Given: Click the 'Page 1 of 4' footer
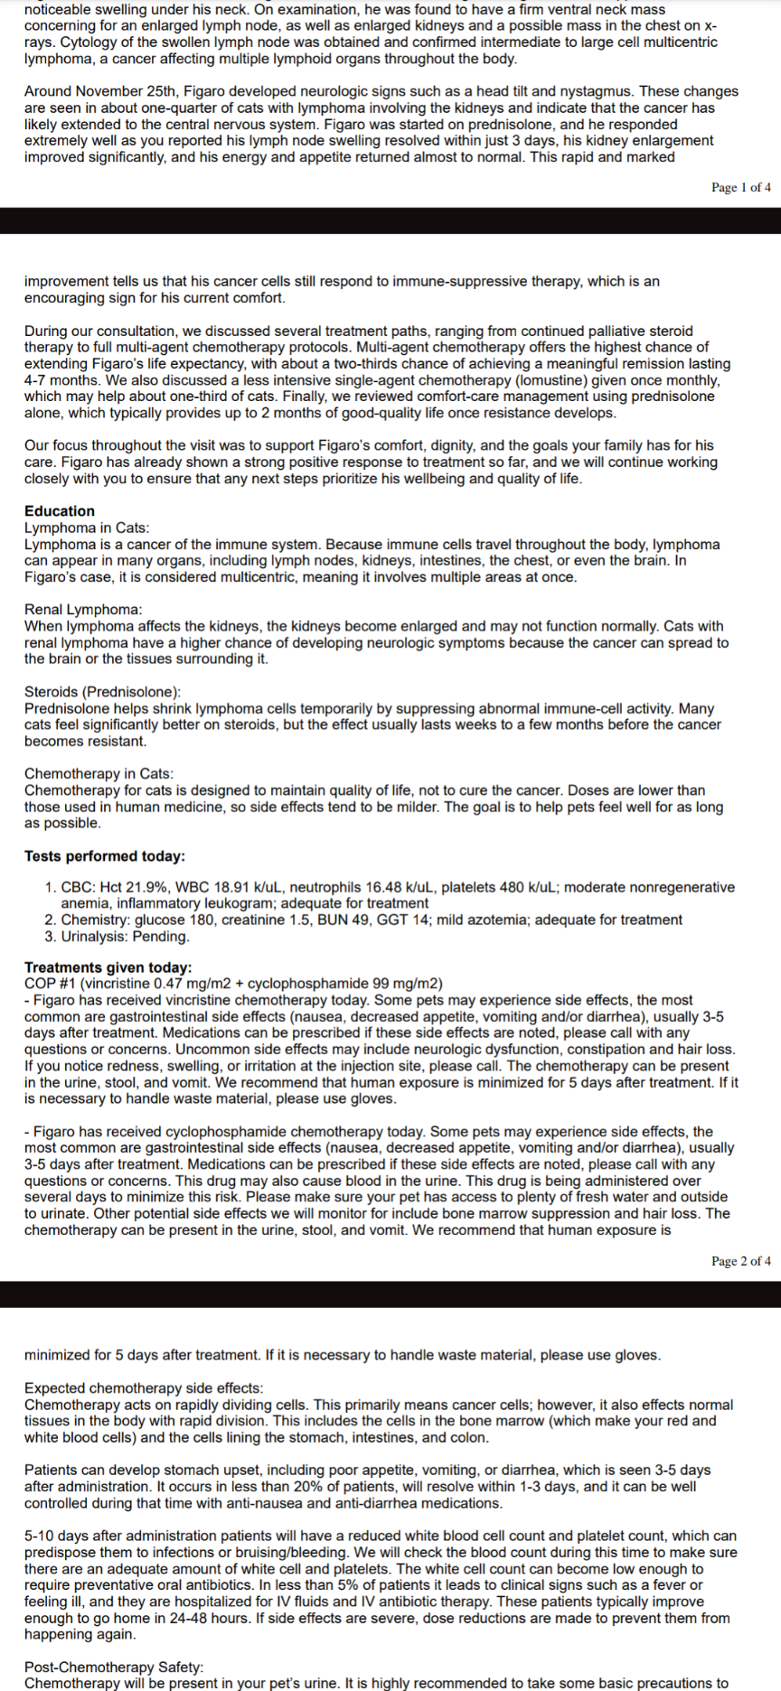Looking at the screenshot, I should point(740,188).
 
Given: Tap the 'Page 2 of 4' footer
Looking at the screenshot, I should point(740,1261).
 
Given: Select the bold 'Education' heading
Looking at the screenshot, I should point(60,511).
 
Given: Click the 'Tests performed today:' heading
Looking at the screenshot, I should point(104,856).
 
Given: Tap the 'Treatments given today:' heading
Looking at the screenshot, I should point(108,967).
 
